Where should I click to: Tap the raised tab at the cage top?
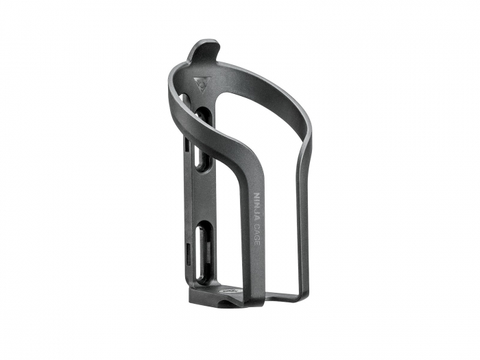(x=206, y=51)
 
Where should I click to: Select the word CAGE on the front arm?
(x=257, y=232)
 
